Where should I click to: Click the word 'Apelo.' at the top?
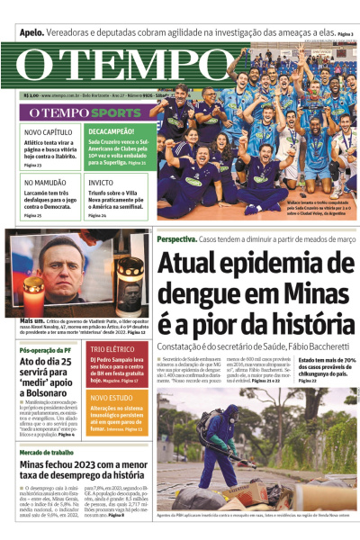point(32,33)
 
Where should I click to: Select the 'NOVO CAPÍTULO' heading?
point(45,131)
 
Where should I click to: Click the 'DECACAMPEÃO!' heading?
point(111,131)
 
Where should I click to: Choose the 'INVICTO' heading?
point(101,182)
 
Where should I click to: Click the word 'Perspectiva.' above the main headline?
point(176,240)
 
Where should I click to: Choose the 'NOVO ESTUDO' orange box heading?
point(112,396)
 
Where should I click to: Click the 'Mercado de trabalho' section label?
point(49,452)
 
